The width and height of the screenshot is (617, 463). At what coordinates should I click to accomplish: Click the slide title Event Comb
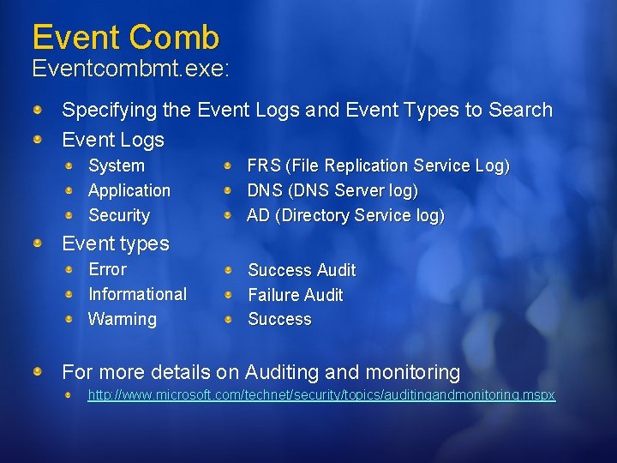(125, 37)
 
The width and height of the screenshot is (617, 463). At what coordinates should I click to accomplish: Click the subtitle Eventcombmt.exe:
(130, 69)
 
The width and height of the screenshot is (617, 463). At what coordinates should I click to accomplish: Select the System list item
(117, 165)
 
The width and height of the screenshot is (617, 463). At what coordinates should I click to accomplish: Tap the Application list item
(129, 190)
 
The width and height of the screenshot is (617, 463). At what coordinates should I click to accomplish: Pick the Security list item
(119, 215)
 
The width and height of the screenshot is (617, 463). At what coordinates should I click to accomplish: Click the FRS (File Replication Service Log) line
(378, 165)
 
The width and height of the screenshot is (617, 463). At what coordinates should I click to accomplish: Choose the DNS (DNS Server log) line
(332, 190)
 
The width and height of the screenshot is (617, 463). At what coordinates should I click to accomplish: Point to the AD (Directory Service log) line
(345, 215)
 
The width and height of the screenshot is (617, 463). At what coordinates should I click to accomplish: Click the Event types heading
(116, 244)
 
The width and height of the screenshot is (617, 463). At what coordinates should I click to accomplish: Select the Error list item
(108, 269)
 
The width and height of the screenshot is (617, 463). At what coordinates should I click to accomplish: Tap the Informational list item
(137, 294)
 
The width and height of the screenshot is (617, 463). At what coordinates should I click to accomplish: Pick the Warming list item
(123, 319)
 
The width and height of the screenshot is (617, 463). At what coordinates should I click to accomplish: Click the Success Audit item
(302, 270)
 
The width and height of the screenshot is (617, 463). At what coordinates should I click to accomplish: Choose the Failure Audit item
(295, 295)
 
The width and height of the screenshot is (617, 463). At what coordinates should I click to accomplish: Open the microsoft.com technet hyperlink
(321, 395)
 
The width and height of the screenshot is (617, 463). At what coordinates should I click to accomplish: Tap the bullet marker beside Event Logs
(39, 139)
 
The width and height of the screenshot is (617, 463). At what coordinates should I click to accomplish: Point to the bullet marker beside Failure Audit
(228, 295)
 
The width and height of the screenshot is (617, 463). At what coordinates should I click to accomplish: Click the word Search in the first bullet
(520, 110)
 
